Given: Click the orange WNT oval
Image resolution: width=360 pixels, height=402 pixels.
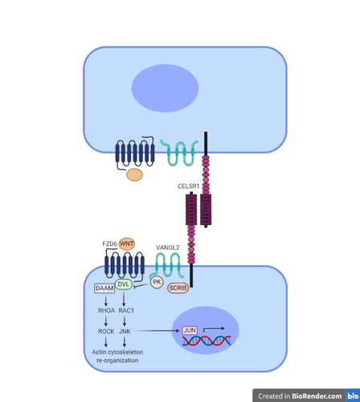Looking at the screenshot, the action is tap(127, 244).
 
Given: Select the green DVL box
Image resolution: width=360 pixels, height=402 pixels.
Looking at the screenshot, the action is tap(124, 284).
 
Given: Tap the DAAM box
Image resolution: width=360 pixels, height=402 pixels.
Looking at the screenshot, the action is tap(104, 289).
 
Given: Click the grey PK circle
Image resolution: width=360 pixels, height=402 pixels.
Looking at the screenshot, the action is tap(157, 282).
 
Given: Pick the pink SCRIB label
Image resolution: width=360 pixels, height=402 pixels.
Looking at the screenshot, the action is tap(178, 288).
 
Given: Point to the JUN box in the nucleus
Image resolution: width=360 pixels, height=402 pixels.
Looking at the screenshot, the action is tap(190, 330).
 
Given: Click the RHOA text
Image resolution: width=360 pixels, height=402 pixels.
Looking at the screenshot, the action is tap(106, 310).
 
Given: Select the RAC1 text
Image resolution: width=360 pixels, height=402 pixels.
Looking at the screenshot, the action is tap(126, 310).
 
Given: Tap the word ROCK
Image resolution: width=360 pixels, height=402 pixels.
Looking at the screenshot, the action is tap(106, 331).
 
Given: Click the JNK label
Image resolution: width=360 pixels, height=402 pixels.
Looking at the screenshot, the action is tap(125, 331).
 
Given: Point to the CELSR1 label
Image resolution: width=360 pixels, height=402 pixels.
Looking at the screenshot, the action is tap(188, 187).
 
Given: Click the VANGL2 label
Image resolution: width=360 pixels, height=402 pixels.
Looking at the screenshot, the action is tap(168, 248).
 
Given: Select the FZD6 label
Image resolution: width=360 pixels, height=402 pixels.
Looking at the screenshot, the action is tap(109, 244).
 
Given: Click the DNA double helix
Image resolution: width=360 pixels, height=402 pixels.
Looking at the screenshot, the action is tap(207, 341).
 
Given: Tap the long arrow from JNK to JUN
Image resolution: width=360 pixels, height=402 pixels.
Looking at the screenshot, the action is tap(157, 330).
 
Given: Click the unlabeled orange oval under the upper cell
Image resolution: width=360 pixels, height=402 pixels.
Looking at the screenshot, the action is tap(134, 174).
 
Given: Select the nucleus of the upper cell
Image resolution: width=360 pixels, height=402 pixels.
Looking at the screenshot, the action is tap(165, 88).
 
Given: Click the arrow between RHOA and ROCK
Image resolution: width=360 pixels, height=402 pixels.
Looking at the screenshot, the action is tap(106, 321).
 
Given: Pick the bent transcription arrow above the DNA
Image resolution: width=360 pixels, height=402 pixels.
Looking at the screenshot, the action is tap(214, 329).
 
